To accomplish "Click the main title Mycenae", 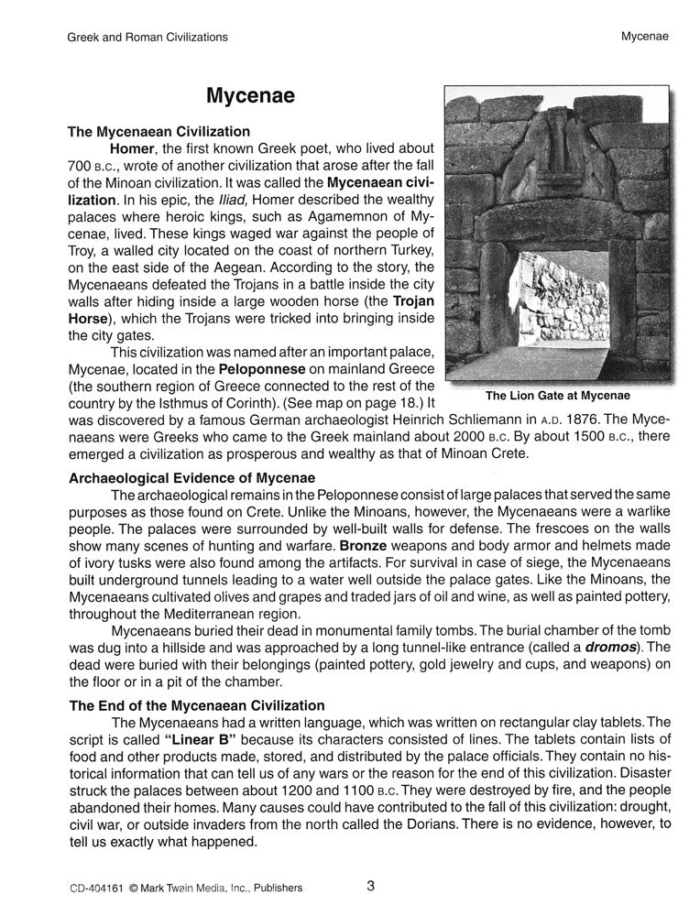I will click(x=249, y=96).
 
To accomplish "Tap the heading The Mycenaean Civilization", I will click(x=159, y=131).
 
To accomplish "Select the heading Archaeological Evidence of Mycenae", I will click(x=191, y=478).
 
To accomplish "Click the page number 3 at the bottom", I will click(x=370, y=885).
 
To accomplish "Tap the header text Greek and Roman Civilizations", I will click(x=148, y=38).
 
